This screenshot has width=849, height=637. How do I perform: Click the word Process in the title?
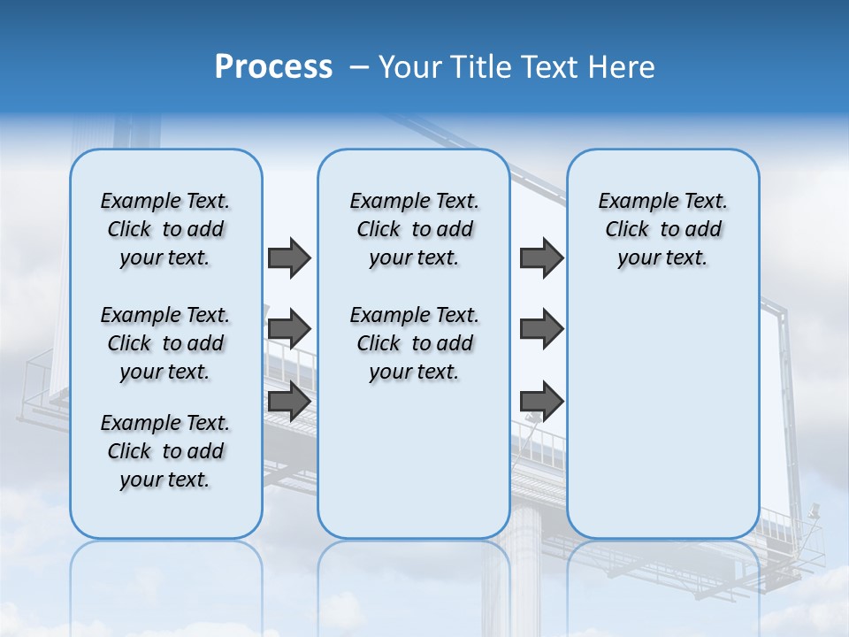273,67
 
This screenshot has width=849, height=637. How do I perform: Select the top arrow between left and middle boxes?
289,257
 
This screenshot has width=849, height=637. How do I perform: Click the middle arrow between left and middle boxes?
289,329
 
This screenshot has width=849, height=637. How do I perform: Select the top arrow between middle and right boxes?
541,257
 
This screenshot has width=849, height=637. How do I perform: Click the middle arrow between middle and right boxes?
541,329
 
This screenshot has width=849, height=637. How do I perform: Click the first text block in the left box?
165,229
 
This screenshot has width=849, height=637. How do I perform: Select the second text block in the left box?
165,343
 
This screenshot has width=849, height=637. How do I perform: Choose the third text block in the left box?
165,451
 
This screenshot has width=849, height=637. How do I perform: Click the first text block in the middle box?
414,229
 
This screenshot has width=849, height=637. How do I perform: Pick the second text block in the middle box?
414,343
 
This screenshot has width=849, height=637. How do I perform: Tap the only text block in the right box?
662,229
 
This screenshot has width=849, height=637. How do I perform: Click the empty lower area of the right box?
662,416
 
